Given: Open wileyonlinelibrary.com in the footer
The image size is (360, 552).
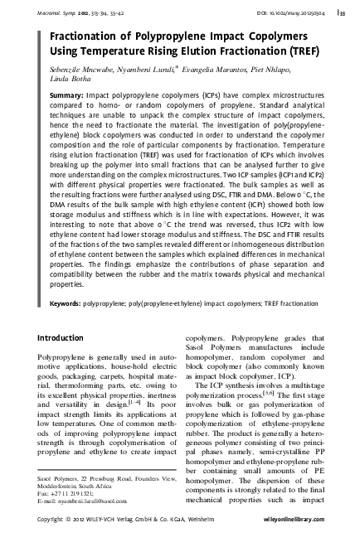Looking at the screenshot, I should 307,540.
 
